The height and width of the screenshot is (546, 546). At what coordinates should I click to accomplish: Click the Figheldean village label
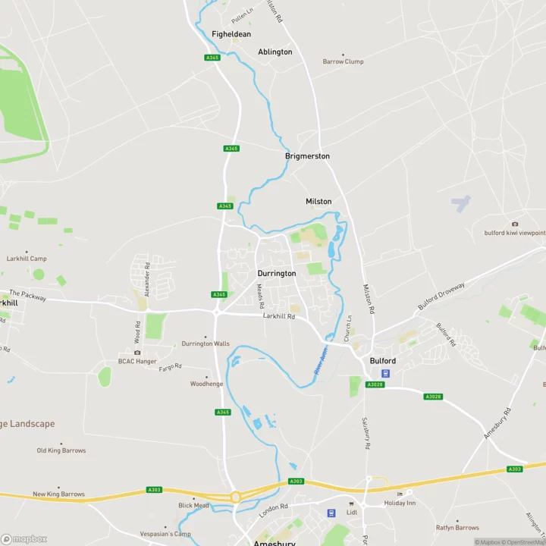231,34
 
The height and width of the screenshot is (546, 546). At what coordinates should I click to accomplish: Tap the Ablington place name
275,52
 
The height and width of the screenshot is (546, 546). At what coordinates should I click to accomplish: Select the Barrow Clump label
343,61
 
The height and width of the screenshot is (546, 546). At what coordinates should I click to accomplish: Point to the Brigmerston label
307,155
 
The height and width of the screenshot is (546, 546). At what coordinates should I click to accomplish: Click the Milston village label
318,201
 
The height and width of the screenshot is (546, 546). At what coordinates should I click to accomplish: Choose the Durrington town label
276,273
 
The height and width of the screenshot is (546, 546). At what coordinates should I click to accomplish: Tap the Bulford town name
382,361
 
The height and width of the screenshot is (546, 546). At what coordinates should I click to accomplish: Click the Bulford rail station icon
385,373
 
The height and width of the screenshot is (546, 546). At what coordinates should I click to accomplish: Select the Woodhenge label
206,384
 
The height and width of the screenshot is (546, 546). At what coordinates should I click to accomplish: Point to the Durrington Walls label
206,344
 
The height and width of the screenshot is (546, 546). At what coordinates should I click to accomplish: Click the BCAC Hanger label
137,361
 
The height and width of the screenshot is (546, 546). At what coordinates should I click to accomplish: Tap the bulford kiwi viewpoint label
515,233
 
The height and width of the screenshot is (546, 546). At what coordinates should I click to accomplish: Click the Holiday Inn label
400,502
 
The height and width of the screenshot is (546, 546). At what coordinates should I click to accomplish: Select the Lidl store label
351,512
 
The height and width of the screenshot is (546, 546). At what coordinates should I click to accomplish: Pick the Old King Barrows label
61,450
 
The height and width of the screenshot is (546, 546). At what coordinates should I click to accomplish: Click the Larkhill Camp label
27,259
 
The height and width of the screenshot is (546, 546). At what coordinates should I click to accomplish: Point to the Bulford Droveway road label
441,297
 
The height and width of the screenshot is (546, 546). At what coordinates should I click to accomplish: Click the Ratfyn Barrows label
457,527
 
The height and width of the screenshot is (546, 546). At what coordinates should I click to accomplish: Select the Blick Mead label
193,505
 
